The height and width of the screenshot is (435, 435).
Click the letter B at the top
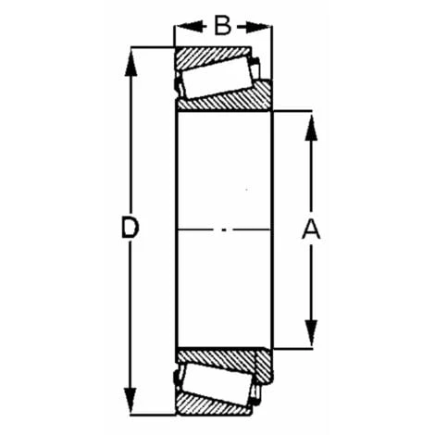222,26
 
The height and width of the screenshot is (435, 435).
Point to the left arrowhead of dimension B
182,26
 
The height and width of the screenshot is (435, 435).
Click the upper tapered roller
216,76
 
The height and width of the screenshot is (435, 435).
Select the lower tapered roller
216,380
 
